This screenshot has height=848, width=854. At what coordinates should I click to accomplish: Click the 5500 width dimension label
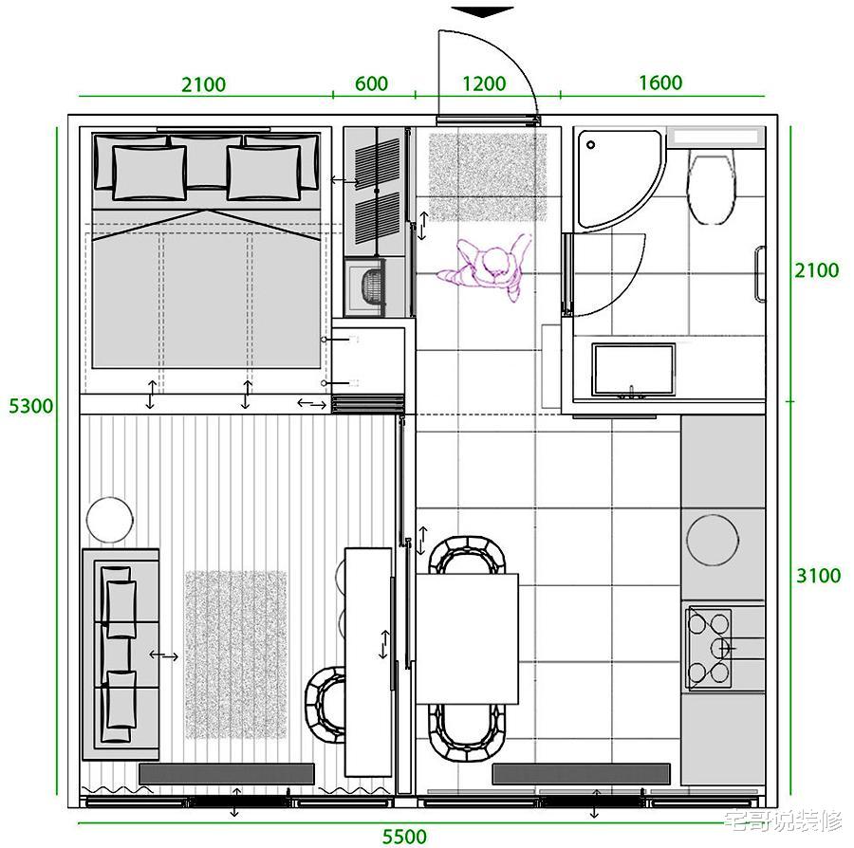tap(404, 836)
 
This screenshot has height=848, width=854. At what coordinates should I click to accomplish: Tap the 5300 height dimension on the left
tap(31, 405)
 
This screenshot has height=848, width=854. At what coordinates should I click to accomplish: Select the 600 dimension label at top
tap(371, 83)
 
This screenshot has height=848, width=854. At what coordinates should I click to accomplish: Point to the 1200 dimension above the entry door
tap(484, 83)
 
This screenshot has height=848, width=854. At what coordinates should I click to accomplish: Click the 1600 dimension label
tap(660, 83)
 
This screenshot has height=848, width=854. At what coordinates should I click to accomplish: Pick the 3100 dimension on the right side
tap(818, 576)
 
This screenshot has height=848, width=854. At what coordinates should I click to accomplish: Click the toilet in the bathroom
tap(712, 188)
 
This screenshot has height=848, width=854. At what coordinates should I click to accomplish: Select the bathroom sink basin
tap(634, 370)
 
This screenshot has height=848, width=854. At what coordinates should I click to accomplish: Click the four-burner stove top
tap(709, 648)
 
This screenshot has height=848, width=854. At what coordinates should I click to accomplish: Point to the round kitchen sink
tap(713, 540)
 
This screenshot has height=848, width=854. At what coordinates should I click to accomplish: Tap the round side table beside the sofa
tap(109, 519)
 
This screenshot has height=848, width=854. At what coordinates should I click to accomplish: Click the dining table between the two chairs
tap(467, 638)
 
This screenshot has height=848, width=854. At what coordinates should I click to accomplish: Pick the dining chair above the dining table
tap(467, 555)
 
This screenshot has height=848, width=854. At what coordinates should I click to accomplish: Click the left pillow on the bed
tap(149, 173)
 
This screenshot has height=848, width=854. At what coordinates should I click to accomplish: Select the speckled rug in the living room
tap(235, 654)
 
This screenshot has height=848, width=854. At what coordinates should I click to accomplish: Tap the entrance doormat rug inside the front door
tap(488, 176)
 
